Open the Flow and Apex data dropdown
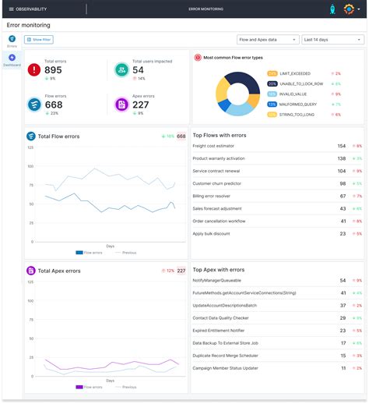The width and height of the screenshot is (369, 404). pos(267,38)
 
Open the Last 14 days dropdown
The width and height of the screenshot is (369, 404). pos(332,38)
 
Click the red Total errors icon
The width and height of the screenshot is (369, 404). pos(34,69)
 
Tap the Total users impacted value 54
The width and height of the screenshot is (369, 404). pos(138,70)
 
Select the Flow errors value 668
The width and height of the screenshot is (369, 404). pos(54,105)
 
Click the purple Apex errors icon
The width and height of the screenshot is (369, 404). pos(121,105)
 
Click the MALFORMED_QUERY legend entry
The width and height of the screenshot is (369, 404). pos(300,104)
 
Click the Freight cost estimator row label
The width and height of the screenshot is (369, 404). pos(215,146)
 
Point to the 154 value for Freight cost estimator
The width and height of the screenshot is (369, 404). pos(342,146)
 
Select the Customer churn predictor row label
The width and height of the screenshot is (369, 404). pos(217,183)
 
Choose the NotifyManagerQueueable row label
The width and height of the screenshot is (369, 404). pos(216,280)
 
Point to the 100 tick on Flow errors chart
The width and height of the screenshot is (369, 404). pos(30,166)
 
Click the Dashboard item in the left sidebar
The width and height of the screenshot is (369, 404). pos(12,60)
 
